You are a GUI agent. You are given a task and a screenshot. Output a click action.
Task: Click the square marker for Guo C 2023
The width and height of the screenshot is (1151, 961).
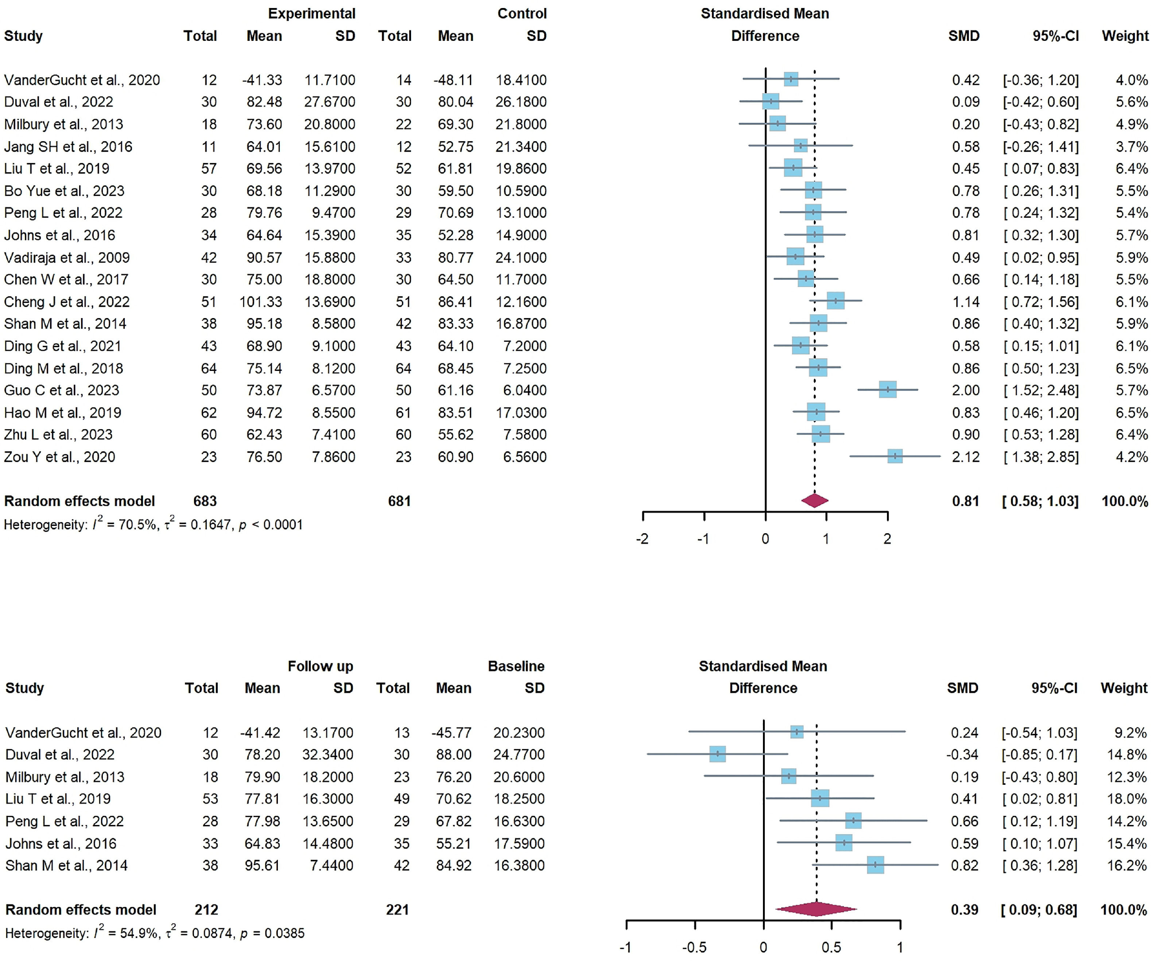(887, 390)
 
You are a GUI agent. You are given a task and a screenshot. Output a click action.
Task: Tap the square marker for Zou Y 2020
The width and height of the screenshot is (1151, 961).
(895, 456)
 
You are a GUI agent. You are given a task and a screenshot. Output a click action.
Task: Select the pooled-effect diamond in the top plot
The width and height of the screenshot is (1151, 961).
(814, 500)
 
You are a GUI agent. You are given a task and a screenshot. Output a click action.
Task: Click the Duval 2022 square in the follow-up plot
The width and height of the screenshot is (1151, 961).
(717, 754)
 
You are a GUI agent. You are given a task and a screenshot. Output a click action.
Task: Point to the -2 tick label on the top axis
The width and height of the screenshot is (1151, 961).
(642, 539)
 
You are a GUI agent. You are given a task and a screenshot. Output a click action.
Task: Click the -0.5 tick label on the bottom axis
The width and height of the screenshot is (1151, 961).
(694, 947)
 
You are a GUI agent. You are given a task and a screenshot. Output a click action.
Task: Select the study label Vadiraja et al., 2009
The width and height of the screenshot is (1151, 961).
(67, 257)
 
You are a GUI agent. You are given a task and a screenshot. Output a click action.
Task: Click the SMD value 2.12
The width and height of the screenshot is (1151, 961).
(965, 457)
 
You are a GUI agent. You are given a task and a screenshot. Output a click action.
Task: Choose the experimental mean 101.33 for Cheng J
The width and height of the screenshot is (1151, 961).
(260, 302)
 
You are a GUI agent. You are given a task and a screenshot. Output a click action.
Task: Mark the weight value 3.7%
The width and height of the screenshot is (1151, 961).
(1131, 146)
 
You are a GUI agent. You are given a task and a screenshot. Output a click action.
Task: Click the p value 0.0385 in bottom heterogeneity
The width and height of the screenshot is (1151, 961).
(284, 933)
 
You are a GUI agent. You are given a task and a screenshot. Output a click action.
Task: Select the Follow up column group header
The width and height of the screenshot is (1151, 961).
(320, 666)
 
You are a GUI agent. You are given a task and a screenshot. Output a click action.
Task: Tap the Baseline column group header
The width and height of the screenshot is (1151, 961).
(516, 666)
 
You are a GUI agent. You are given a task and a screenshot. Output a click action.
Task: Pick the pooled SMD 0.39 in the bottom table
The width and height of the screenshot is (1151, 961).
(964, 910)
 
